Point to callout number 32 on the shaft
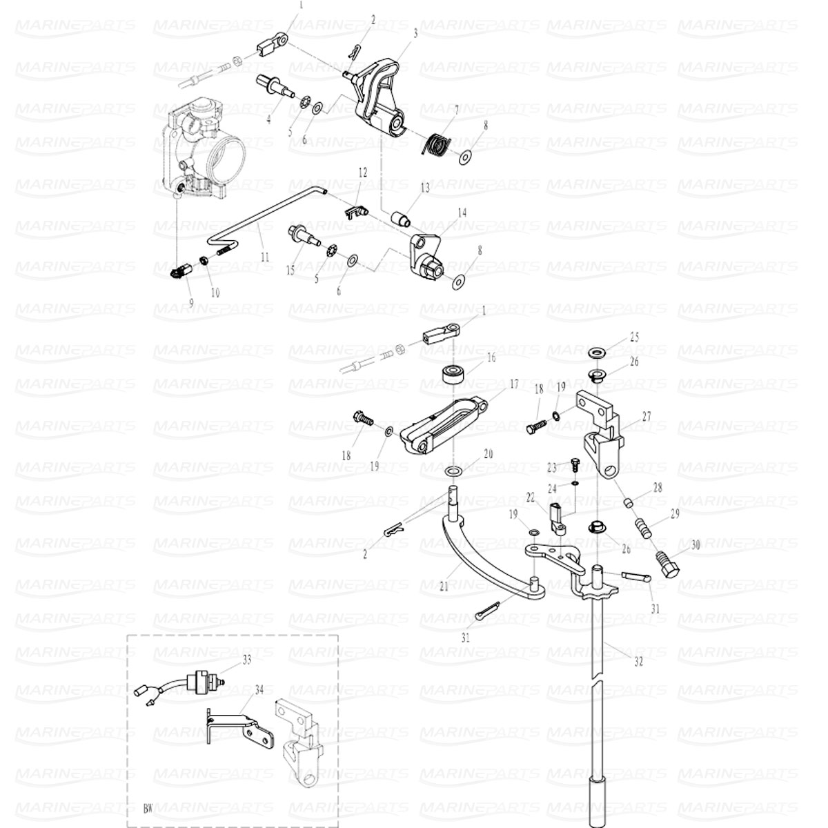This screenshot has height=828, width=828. click(x=638, y=660)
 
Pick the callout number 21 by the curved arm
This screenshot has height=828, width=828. click(x=444, y=587)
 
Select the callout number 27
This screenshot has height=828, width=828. click(x=647, y=417)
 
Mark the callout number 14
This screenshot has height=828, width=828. click(x=462, y=213)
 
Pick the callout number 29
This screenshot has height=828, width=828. click(x=674, y=513)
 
